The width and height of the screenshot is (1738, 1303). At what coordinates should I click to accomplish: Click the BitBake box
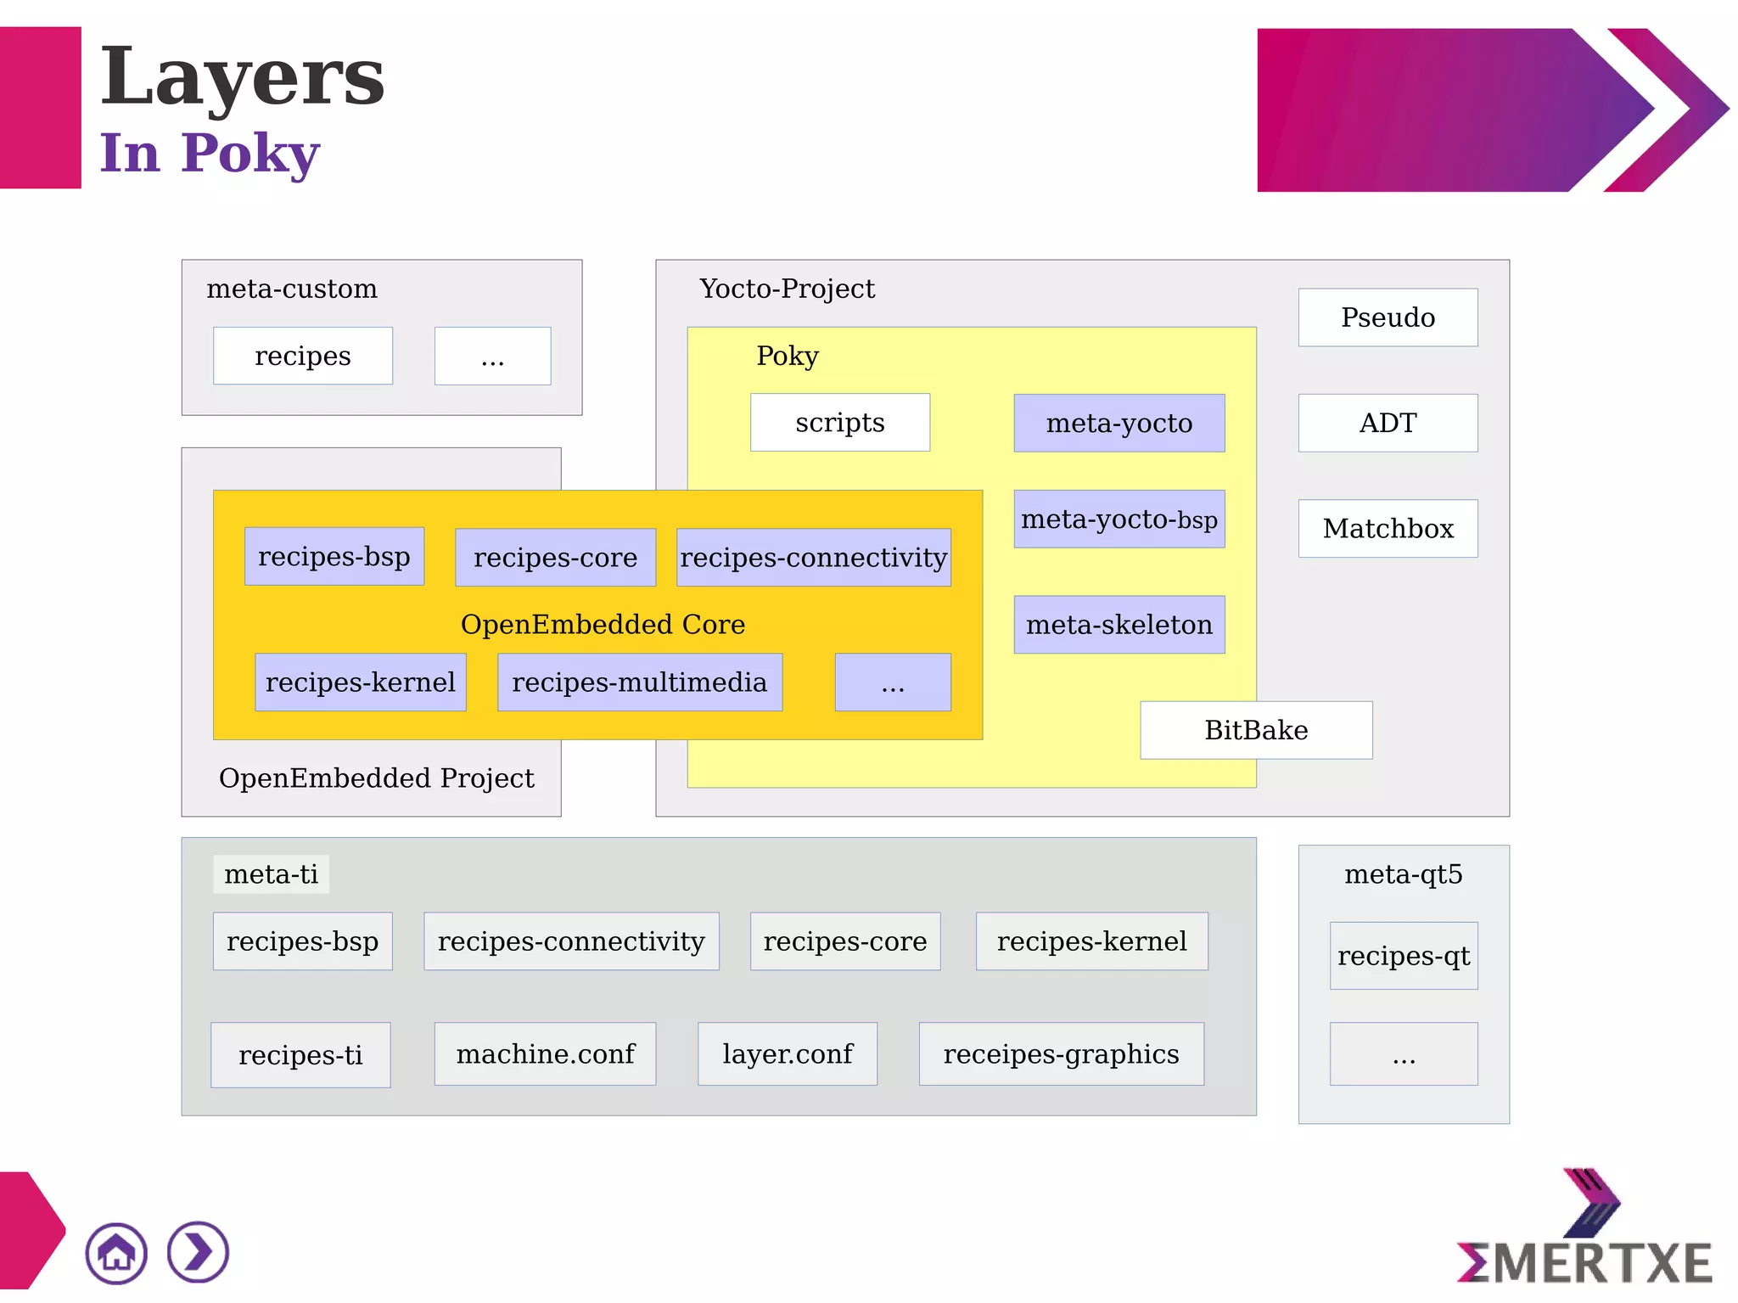tap(1256, 730)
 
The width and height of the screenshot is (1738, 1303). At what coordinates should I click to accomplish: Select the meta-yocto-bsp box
tap(1118, 519)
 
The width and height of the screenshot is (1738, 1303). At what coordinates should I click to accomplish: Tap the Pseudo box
tap(1388, 317)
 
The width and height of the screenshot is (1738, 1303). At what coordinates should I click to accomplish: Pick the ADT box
tap(1388, 423)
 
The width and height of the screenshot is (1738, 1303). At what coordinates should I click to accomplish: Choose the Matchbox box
tap(1388, 528)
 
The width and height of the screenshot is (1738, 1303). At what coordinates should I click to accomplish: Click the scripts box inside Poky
tap(840, 423)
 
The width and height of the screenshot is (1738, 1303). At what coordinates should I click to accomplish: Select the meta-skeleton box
tap(1118, 625)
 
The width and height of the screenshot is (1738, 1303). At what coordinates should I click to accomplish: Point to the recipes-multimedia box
tap(640, 682)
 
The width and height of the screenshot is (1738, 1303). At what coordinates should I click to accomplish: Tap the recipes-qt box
tap(1404, 956)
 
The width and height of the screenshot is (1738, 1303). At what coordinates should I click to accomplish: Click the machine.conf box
tap(545, 1054)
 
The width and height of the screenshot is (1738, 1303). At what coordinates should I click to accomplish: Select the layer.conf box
tap(788, 1054)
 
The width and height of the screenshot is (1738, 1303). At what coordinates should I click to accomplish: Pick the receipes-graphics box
tap(1061, 1054)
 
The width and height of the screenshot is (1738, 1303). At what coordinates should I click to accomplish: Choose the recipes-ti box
tap(300, 1055)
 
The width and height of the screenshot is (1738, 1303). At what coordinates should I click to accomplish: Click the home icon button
tap(116, 1253)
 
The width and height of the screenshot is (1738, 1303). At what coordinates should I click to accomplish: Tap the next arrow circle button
tap(198, 1252)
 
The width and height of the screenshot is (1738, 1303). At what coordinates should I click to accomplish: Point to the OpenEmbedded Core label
tap(603, 625)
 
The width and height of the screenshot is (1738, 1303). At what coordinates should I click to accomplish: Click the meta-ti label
tap(271, 874)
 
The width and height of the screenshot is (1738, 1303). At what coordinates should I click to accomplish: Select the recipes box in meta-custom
tap(303, 356)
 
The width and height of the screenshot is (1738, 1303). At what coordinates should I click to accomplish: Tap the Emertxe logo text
tap(1585, 1263)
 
